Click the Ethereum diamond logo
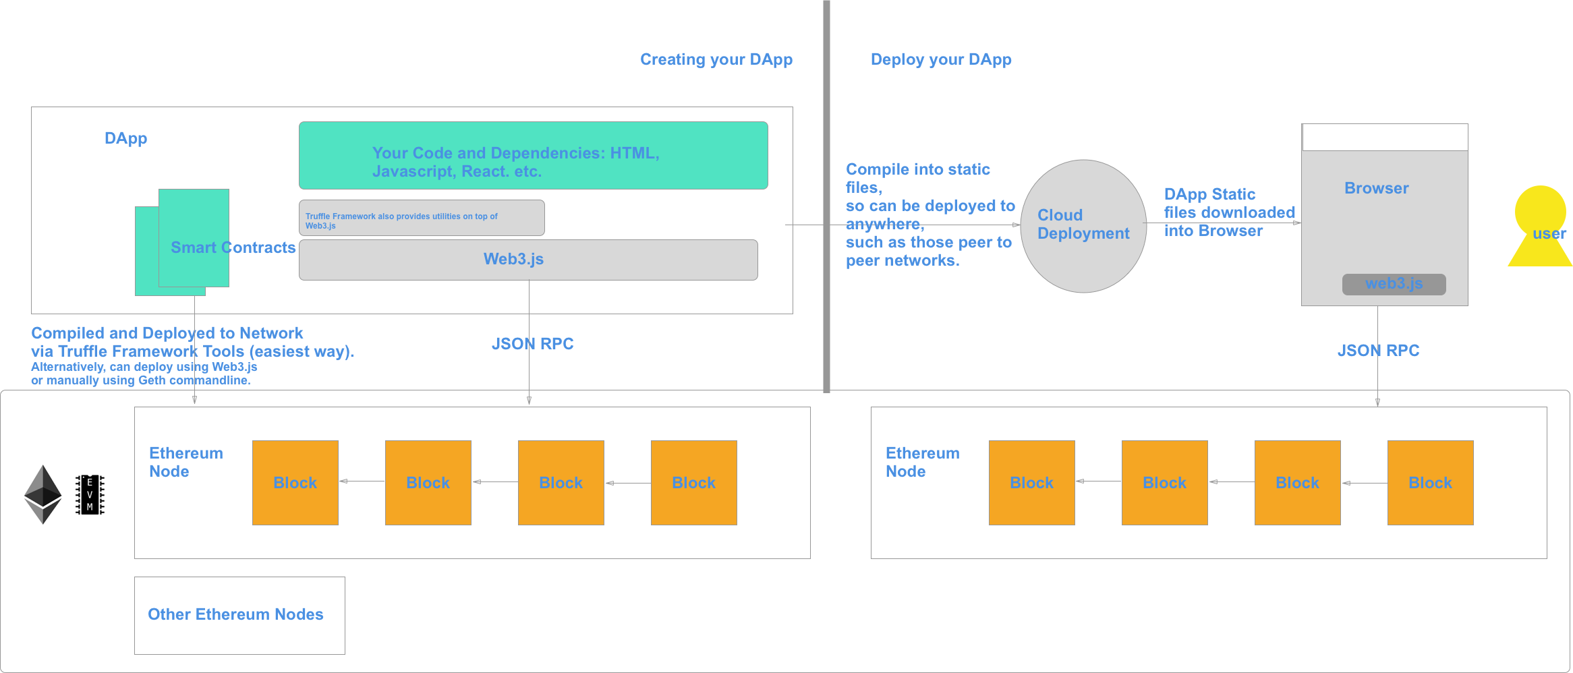point(42,494)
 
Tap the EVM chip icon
point(90,494)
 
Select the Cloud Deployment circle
point(1083,226)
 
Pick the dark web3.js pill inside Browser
point(1394,284)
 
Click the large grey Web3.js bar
point(528,260)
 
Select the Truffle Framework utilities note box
point(422,218)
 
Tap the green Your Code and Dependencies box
point(533,156)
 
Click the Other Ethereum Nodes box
point(239,615)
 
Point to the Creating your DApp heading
point(716,59)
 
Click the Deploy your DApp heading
point(941,59)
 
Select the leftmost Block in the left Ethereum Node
point(295,483)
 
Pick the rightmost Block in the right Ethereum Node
point(1430,483)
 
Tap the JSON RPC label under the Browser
point(1379,351)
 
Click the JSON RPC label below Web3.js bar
point(532,344)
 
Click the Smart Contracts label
point(233,247)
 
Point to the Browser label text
point(1376,188)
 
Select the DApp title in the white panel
point(125,138)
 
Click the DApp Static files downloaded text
point(1229,212)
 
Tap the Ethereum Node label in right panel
point(922,462)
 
